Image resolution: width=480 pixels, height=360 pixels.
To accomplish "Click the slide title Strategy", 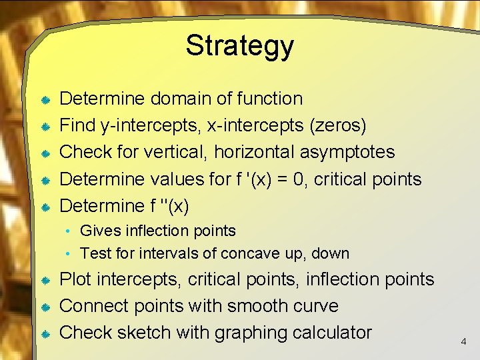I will tap(239, 46).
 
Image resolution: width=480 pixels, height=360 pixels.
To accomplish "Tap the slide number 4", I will tap(463, 341).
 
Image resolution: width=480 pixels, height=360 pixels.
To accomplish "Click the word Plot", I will tap(75, 279).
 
